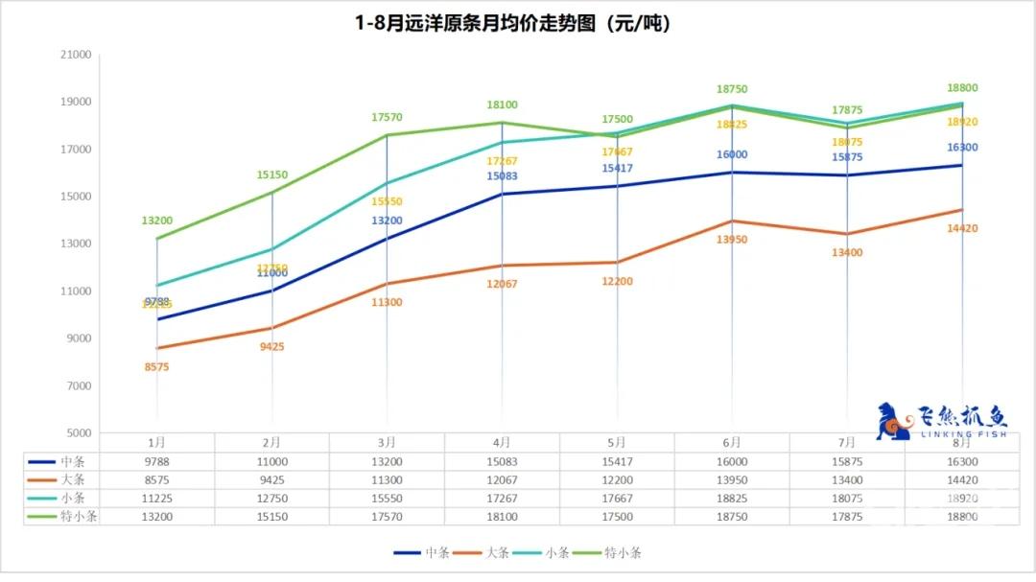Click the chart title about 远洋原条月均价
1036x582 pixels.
pyautogui.click(x=517, y=23)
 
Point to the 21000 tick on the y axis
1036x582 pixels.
pyautogui.click(x=77, y=55)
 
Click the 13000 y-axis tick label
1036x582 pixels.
pyautogui.click(x=77, y=244)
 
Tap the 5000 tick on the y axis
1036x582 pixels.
pyautogui.click(x=77, y=432)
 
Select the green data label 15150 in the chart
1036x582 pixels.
pyautogui.click(x=271, y=175)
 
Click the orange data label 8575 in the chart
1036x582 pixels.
pyautogui.click(x=156, y=366)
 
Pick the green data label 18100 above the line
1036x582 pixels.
pyautogui.click(x=502, y=105)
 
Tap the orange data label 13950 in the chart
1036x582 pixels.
pyautogui.click(x=732, y=239)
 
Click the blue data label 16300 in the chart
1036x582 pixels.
pyautogui.click(x=961, y=148)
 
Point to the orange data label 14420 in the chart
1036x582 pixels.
pyautogui.click(x=961, y=228)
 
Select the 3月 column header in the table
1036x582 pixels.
pyautogui.click(x=387, y=443)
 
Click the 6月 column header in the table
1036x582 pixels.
pyautogui.click(x=732, y=443)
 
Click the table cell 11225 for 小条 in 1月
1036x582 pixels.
pyautogui.click(x=157, y=498)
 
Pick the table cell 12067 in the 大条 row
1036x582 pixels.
pyautogui.click(x=502, y=479)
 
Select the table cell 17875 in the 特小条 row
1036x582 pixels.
pyautogui.click(x=847, y=516)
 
